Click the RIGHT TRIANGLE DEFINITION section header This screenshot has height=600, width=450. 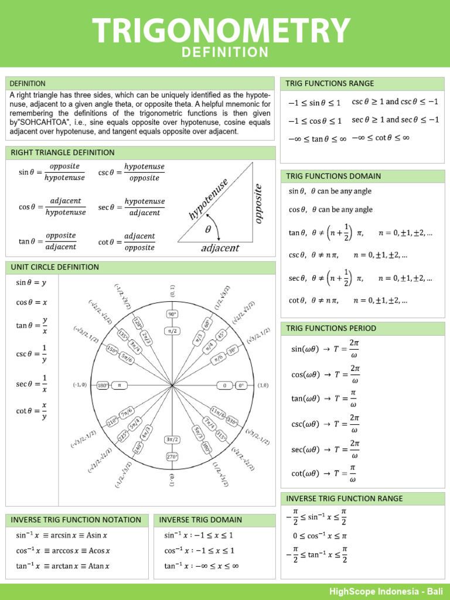coord(63,153)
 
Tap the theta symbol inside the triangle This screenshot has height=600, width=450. coord(207,230)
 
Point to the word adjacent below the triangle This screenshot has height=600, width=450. coord(220,248)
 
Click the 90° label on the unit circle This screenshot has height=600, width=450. coord(172,313)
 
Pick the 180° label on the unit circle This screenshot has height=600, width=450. coord(103,386)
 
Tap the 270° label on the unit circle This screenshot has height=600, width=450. coord(172,456)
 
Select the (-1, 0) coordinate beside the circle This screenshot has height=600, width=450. coord(80,386)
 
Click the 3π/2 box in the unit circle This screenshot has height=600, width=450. coord(172,439)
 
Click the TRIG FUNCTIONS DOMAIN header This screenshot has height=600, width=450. coord(333,176)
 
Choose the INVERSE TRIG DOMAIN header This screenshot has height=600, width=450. coord(200,520)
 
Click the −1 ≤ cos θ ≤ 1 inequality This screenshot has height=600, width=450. coord(315,121)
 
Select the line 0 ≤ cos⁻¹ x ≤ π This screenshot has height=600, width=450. coord(320,536)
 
